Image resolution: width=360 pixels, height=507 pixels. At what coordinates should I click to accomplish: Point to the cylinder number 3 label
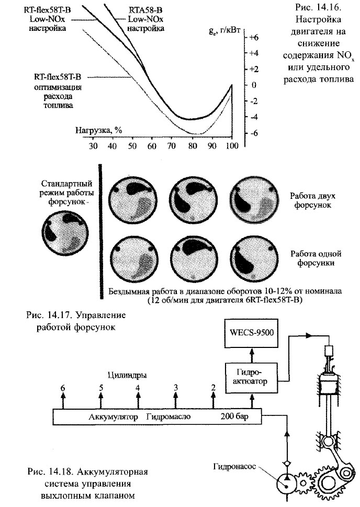[176, 387]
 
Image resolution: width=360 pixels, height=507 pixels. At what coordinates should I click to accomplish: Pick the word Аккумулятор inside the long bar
[114, 417]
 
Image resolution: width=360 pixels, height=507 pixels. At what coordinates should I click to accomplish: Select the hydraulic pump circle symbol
[286, 482]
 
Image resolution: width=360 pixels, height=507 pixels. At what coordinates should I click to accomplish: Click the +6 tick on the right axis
[254, 38]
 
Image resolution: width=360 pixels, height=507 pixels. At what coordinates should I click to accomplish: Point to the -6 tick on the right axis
[254, 133]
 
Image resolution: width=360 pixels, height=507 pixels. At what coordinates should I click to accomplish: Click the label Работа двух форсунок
[312, 201]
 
